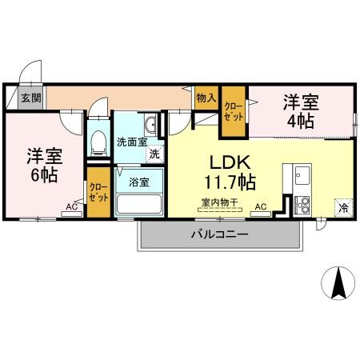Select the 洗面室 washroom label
[131, 142]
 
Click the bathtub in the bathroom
[139, 202]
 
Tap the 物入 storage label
[206, 98]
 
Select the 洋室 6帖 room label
[45, 164]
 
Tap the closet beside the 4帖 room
[234, 109]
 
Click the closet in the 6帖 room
[98, 191]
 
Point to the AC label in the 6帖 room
[72, 206]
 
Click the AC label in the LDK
[261, 206]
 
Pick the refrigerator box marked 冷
[343, 206]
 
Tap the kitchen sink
[302, 175]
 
